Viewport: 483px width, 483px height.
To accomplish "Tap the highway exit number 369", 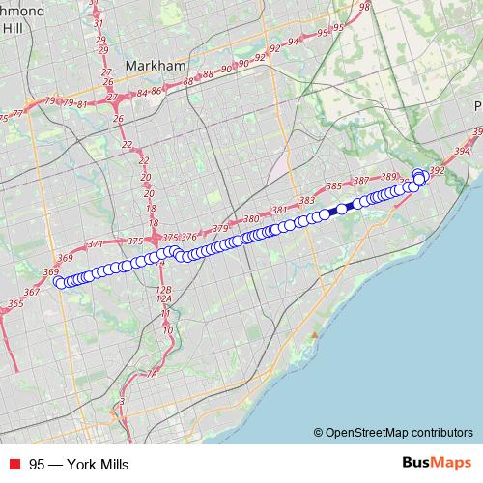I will pyautogui.click(x=65, y=258).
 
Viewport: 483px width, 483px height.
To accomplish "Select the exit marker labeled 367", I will pyautogui.click(x=32, y=292).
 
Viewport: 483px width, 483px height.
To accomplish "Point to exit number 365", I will pyautogui.click(x=15, y=304).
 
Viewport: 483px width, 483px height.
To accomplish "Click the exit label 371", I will pyautogui.click(x=95, y=244).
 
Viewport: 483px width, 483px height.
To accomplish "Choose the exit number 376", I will pyautogui.click(x=189, y=237).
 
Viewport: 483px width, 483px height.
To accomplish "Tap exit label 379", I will pyautogui.click(x=221, y=228).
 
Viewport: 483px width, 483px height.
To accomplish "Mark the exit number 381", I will pyautogui.click(x=280, y=211).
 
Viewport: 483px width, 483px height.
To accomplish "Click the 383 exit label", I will pyautogui.click(x=308, y=201).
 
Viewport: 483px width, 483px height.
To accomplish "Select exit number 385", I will pyautogui.click(x=335, y=185).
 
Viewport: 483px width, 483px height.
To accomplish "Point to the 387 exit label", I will pyautogui.click(x=362, y=181).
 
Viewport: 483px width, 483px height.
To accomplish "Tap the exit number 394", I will pyautogui.click(x=462, y=152).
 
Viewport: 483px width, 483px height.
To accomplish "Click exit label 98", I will pyautogui.click(x=364, y=7).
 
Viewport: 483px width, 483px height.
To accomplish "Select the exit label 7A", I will pyautogui.click(x=151, y=373).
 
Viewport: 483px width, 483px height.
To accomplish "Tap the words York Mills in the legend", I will pyautogui.click(x=94, y=464).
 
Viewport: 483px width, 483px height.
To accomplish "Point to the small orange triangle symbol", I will pyautogui.click(x=313, y=334).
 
